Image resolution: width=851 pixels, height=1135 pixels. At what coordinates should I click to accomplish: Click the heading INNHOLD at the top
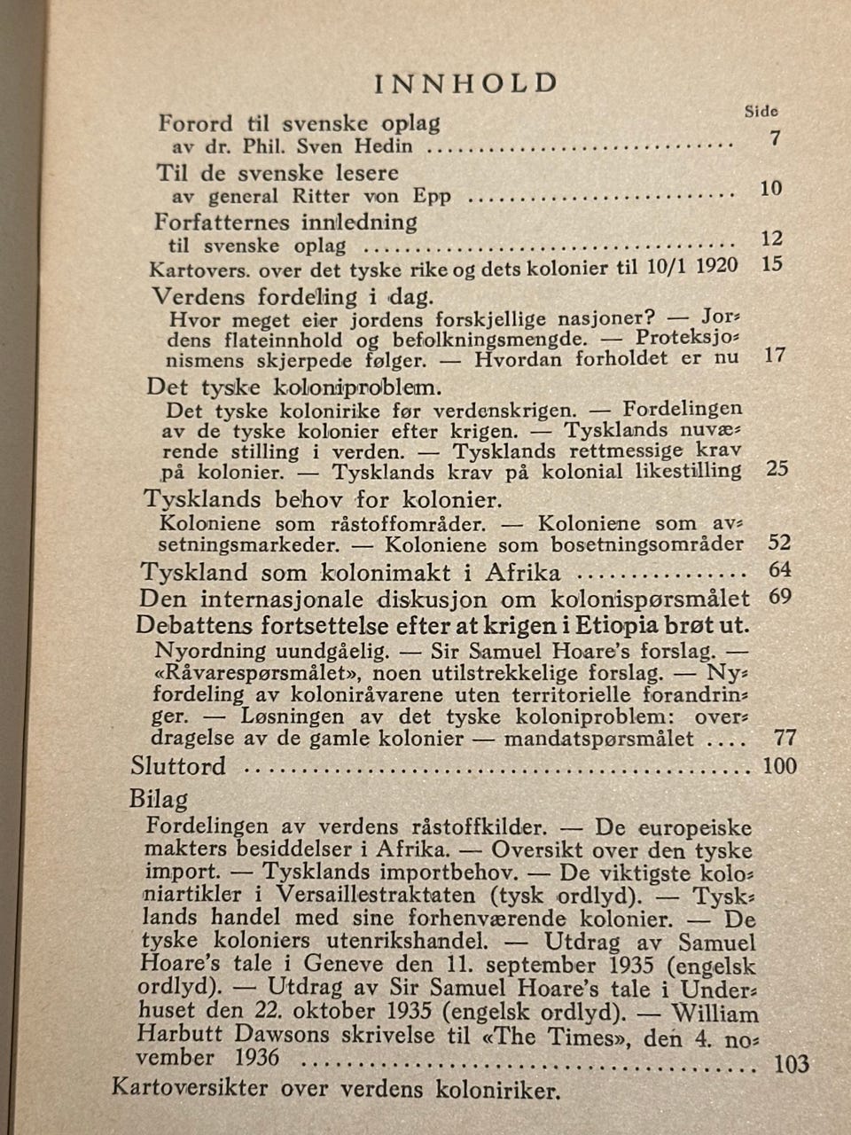[466, 83]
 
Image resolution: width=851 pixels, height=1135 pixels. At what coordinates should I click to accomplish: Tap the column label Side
[761, 112]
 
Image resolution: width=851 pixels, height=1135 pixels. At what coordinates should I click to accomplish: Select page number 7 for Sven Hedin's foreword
[775, 138]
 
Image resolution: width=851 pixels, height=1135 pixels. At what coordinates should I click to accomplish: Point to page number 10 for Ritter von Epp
[771, 188]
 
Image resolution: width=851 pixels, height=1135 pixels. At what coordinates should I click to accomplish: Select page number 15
[772, 264]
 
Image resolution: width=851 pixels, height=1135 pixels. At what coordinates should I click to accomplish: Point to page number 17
[775, 356]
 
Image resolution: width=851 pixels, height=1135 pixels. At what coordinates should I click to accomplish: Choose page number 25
[777, 469]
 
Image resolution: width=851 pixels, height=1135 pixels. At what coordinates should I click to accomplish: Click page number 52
[779, 543]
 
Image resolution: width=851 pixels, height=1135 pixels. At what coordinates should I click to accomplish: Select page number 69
[780, 596]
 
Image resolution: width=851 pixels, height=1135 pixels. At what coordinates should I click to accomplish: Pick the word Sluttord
[178, 766]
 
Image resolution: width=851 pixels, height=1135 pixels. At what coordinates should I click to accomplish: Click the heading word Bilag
[159, 797]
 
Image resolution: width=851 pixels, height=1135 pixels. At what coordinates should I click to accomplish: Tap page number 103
[791, 1063]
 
